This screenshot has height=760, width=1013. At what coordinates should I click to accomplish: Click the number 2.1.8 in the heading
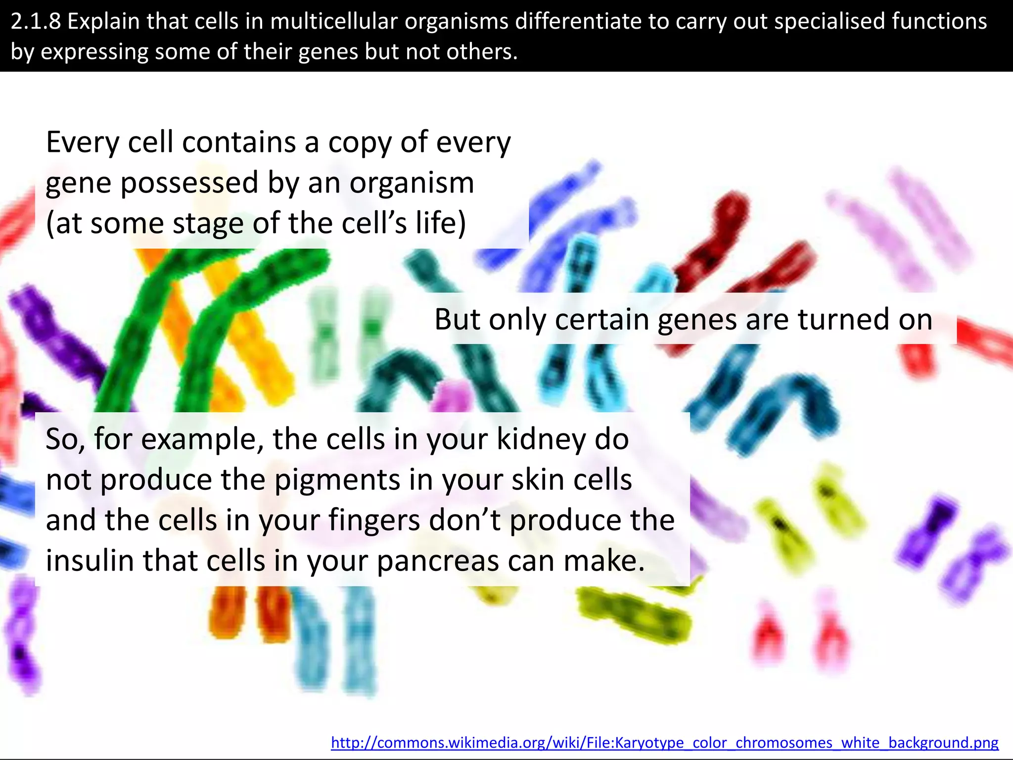pos(35,22)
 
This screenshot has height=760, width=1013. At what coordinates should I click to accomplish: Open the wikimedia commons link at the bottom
pos(664,742)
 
